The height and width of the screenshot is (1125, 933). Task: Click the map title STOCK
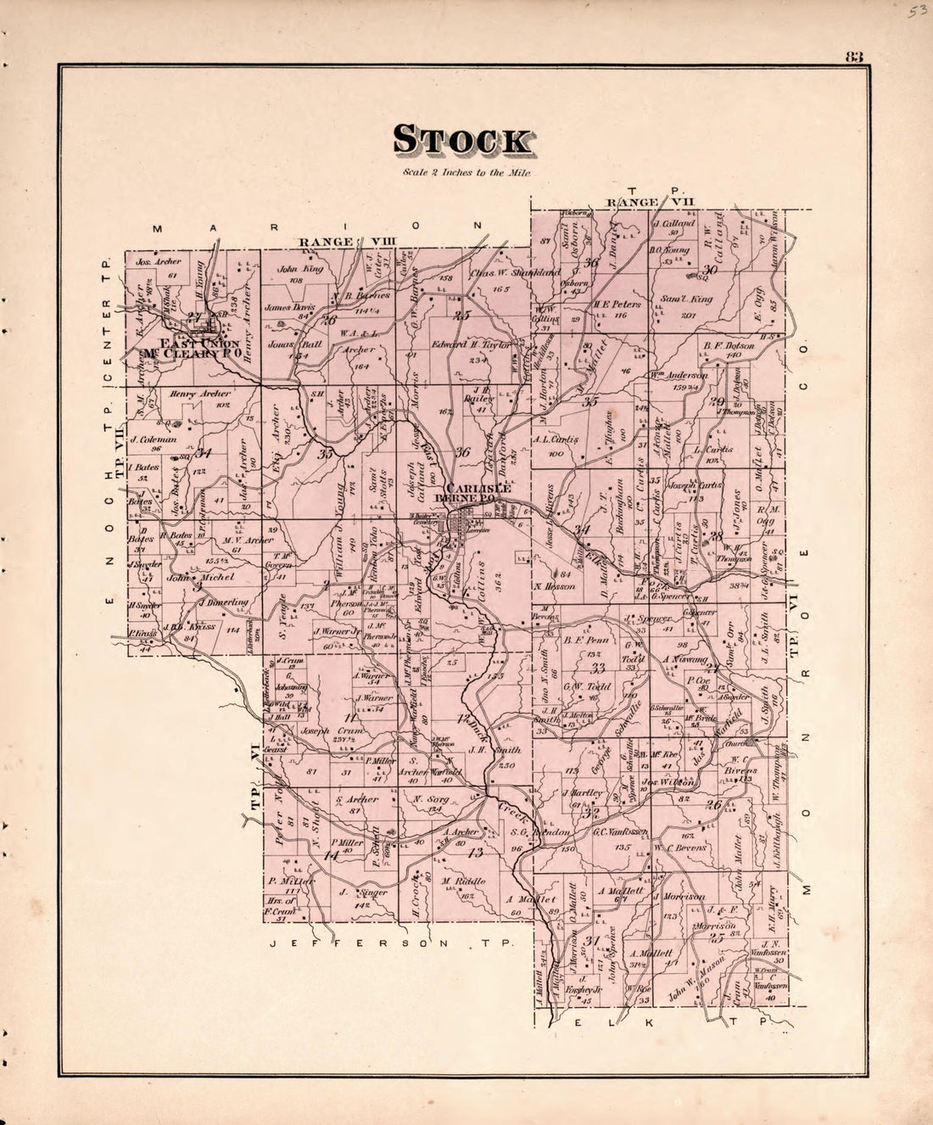(x=462, y=141)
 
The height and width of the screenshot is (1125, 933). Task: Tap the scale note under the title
(x=467, y=174)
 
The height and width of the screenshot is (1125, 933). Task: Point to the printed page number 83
(x=852, y=58)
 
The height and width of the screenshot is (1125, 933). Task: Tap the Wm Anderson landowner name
(x=679, y=374)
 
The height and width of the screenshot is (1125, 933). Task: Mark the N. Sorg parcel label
(x=430, y=799)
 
